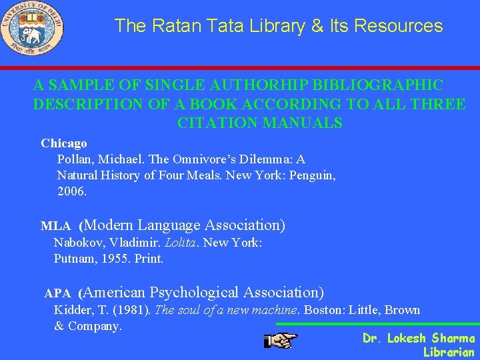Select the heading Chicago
coord(64,143)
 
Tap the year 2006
coord(72,191)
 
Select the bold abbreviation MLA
coord(56,226)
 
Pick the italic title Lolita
coord(180,243)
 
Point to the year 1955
coord(116,259)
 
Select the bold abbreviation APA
coord(58,293)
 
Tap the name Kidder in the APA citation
coord(72,310)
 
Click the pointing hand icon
coord(281,341)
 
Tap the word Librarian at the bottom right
coord(449,352)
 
